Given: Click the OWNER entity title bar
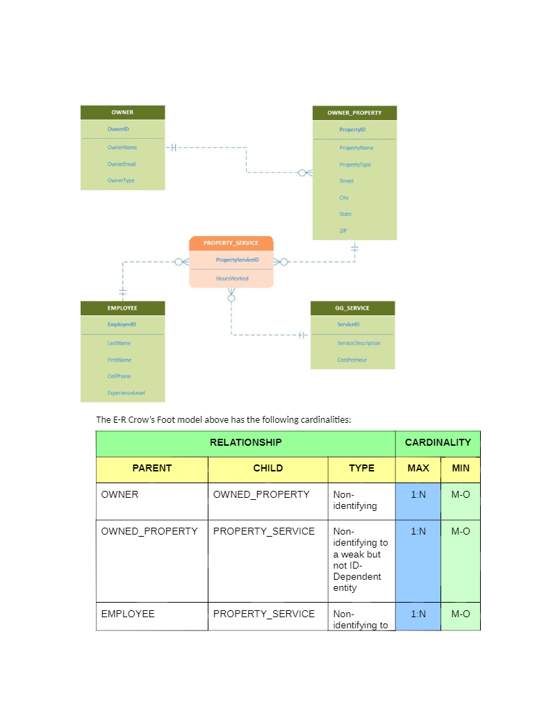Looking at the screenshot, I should tap(122, 112).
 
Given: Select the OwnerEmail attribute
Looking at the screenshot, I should tap(122, 164).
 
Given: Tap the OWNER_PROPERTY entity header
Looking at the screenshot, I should tap(354, 112).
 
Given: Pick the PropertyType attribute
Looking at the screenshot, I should tap(355, 165).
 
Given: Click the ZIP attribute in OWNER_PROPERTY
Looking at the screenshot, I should tap(344, 231).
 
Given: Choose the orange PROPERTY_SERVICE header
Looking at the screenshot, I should tap(231, 243).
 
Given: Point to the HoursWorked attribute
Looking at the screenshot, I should tap(232, 278).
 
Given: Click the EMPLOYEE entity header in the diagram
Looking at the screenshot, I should tap(122, 308).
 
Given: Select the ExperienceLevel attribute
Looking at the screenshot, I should tap(126, 393).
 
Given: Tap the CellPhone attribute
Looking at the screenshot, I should tap(119, 376).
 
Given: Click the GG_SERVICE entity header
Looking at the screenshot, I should tap(353, 308).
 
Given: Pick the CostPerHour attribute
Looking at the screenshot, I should tap(352, 360).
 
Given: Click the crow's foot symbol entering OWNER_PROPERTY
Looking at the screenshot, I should tap(306, 173).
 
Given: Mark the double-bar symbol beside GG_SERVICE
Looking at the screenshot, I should tap(301, 335).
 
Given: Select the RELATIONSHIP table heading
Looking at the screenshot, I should tap(245, 442).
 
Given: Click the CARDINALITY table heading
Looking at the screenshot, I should tap(438, 442).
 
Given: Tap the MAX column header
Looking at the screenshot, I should tap(418, 469).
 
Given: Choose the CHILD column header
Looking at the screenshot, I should tap(267, 469).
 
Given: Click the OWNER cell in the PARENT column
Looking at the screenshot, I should tap(120, 495).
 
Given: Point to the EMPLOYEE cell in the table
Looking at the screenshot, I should tap(128, 614).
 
